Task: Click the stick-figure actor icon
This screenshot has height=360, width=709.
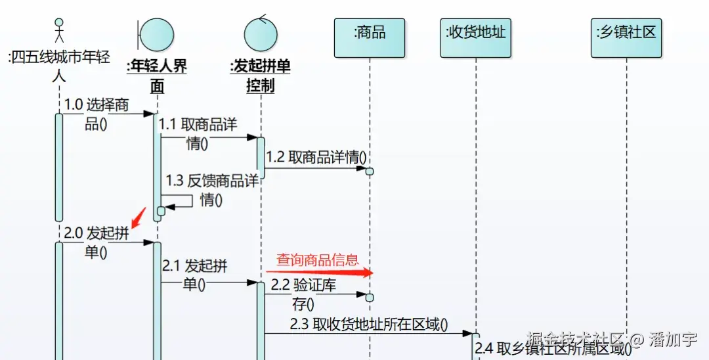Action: [x=59, y=30]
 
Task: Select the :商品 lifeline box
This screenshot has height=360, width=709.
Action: [x=370, y=37]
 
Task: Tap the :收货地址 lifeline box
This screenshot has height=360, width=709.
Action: [x=476, y=37]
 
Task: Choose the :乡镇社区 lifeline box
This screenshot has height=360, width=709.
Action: [x=626, y=37]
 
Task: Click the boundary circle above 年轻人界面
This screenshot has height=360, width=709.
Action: [x=157, y=35]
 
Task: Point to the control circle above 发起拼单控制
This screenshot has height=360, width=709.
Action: [x=261, y=35]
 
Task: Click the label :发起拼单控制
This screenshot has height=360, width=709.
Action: [x=260, y=76]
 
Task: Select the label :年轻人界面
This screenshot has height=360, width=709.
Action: [x=156, y=76]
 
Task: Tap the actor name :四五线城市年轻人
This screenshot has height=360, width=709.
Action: [x=59, y=66]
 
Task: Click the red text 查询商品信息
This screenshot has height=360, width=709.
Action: [x=318, y=259]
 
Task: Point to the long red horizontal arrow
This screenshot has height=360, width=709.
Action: [x=319, y=271]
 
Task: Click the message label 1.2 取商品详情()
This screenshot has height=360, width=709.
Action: [x=316, y=158]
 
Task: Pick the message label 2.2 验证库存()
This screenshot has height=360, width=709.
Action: [x=303, y=294]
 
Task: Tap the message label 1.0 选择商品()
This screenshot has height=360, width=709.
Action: [x=97, y=114]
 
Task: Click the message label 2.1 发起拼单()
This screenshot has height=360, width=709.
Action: [x=195, y=275]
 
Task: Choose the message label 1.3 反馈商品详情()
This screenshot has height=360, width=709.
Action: [x=211, y=189]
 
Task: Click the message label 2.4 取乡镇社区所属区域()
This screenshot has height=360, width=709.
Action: [x=553, y=348]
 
